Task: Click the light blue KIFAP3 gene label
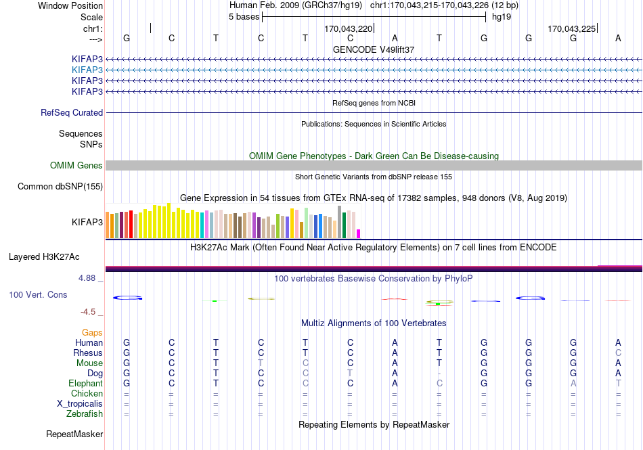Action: point(87,70)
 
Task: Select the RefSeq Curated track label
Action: point(72,113)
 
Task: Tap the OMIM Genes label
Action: point(76,165)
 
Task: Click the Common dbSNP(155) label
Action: point(60,187)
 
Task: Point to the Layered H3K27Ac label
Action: point(44,257)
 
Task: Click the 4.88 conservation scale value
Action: point(87,278)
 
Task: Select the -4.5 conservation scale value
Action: point(88,312)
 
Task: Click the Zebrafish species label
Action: point(85,414)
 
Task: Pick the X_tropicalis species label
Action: point(80,404)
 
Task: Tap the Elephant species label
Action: point(85,383)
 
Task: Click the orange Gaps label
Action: point(92,332)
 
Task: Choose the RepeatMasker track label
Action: point(74,434)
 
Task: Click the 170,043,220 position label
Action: point(348,28)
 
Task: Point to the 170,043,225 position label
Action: point(572,28)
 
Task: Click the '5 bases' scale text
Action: point(244,17)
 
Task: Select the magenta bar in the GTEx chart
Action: point(359,233)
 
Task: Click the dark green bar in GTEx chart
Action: point(344,225)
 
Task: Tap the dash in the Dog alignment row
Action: point(439,374)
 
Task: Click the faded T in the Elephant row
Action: point(618,383)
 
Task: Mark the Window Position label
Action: point(70,5)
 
